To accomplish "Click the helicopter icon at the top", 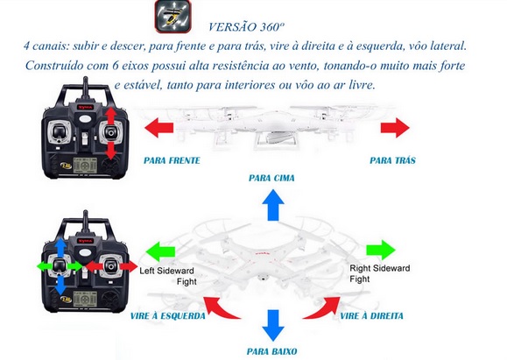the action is tap(173, 16).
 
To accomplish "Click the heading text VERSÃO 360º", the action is tap(246, 27).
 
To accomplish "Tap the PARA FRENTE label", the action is tap(172, 160).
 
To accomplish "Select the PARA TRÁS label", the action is tap(392, 160).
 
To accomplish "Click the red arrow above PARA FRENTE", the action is tap(158, 127).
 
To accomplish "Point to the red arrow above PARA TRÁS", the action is tap(395, 127).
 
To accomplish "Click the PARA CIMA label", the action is tap(271, 178).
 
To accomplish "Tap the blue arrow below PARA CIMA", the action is tap(273, 205).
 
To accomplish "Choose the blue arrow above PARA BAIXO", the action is tap(273, 325).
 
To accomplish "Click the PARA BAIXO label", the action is tap(272, 351).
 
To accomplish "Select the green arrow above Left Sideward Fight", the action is tap(161, 251).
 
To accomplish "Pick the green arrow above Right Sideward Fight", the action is tap(381, 250).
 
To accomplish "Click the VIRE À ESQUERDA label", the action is tap(168, 316).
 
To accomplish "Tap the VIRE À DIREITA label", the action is tap(372, 315).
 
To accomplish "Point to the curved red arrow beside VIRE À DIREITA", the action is tap(323, 310).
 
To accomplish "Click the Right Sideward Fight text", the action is tap(380, 273).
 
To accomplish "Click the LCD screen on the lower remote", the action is tap(85, 298).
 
